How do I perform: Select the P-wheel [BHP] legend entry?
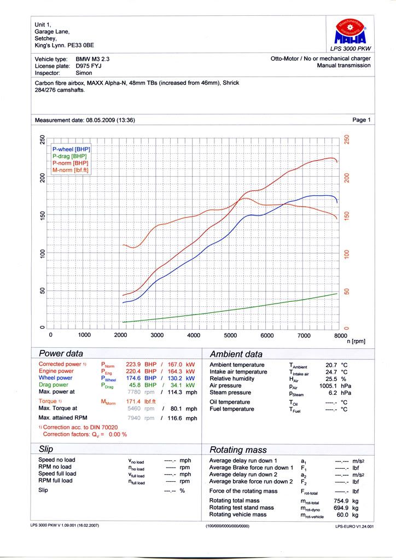71,149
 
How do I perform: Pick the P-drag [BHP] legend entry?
69,156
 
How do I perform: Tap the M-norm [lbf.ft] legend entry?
71,170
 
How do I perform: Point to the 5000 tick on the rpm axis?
230,335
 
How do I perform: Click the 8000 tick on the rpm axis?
340,335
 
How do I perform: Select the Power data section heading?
61,353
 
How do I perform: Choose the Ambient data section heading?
236,354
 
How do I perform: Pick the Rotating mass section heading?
238,450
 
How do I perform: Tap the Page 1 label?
362,120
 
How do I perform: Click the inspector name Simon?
84,72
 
